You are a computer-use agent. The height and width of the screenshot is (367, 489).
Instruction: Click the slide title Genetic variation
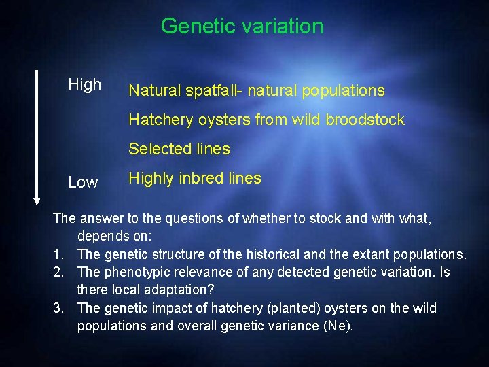click(242, 27)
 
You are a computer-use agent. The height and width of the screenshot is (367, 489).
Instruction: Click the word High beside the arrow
click(85, 85)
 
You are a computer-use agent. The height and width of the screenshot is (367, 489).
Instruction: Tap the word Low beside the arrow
click(83, 182)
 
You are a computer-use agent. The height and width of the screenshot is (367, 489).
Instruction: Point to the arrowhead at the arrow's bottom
click(37, 200)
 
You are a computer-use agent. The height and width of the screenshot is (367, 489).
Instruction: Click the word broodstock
click(365, 120)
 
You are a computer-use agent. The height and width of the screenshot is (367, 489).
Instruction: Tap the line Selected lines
click(179, 149)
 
